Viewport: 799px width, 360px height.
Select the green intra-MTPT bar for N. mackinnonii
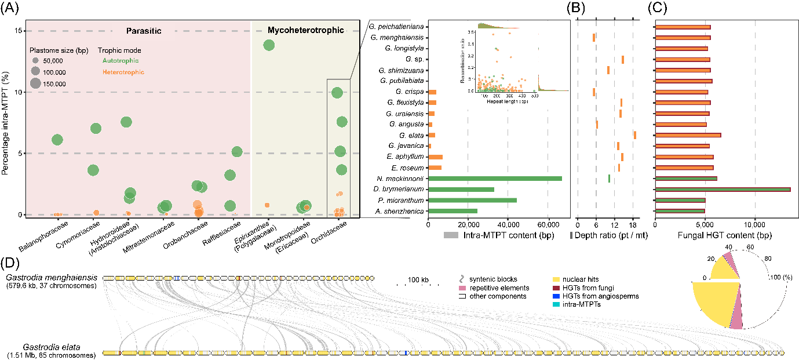click(x=495, y=179)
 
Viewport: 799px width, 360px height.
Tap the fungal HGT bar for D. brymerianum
click(x=722, y=190)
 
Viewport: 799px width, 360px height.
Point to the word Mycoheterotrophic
click(x=305, y=30)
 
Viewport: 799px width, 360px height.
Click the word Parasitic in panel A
click(x=144, y=30)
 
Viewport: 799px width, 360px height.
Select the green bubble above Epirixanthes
click(x=269, y=45)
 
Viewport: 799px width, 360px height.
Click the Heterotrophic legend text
click(x=123, y=72)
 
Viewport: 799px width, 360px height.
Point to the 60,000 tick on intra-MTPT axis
click(x=548, y=225)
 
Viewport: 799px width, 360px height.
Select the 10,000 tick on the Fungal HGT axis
click(x=754, y=225)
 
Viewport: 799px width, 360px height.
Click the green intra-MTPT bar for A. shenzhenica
click(x=453, y=211)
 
